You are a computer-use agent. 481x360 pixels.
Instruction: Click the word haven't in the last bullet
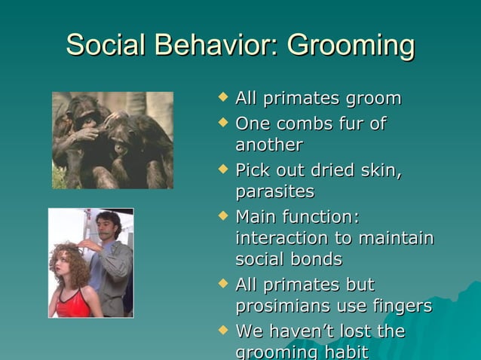tap(301, 331)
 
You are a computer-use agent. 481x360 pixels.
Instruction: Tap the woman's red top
tap(74, 304)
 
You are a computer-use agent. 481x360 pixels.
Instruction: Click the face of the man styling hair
tap(109, 227)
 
